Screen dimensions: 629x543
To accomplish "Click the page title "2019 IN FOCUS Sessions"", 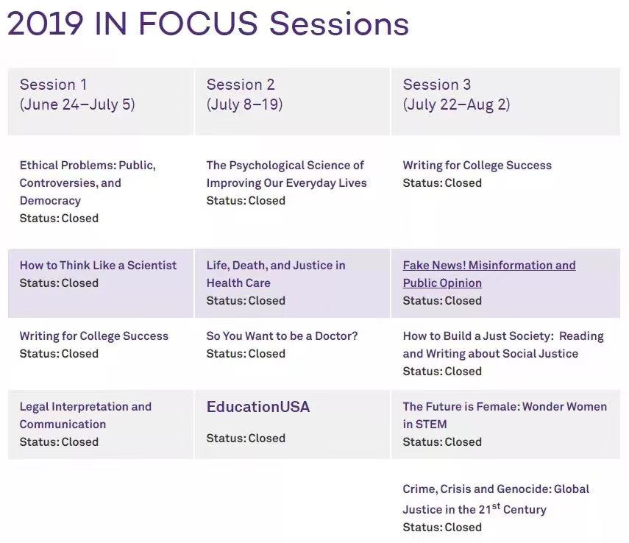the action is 207,24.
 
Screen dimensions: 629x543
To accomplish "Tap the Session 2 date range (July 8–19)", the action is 244,104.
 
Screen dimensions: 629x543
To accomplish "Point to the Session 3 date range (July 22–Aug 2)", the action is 456,104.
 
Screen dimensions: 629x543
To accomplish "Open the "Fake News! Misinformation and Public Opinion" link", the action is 489,274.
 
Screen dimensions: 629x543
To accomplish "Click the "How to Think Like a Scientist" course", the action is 98,266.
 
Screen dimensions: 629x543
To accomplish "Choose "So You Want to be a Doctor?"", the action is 282,336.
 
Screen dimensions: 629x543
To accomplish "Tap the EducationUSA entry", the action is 258,407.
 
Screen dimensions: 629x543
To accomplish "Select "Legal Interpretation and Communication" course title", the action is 85,416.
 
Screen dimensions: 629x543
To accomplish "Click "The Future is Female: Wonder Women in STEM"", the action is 505,416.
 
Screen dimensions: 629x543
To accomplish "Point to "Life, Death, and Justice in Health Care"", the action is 276,274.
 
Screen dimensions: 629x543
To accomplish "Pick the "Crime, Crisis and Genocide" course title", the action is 496,500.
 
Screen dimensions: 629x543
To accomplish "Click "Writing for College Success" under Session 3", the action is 477,166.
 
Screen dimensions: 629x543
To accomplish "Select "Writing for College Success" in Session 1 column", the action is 94,336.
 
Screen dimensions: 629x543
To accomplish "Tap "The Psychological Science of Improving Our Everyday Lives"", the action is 286,174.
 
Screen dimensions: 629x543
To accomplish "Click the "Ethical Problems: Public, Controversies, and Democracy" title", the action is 88,183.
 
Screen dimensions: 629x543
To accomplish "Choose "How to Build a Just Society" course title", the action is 503,345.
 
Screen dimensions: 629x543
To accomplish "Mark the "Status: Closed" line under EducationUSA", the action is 246,438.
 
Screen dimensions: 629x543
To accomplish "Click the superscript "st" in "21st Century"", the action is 496,505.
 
